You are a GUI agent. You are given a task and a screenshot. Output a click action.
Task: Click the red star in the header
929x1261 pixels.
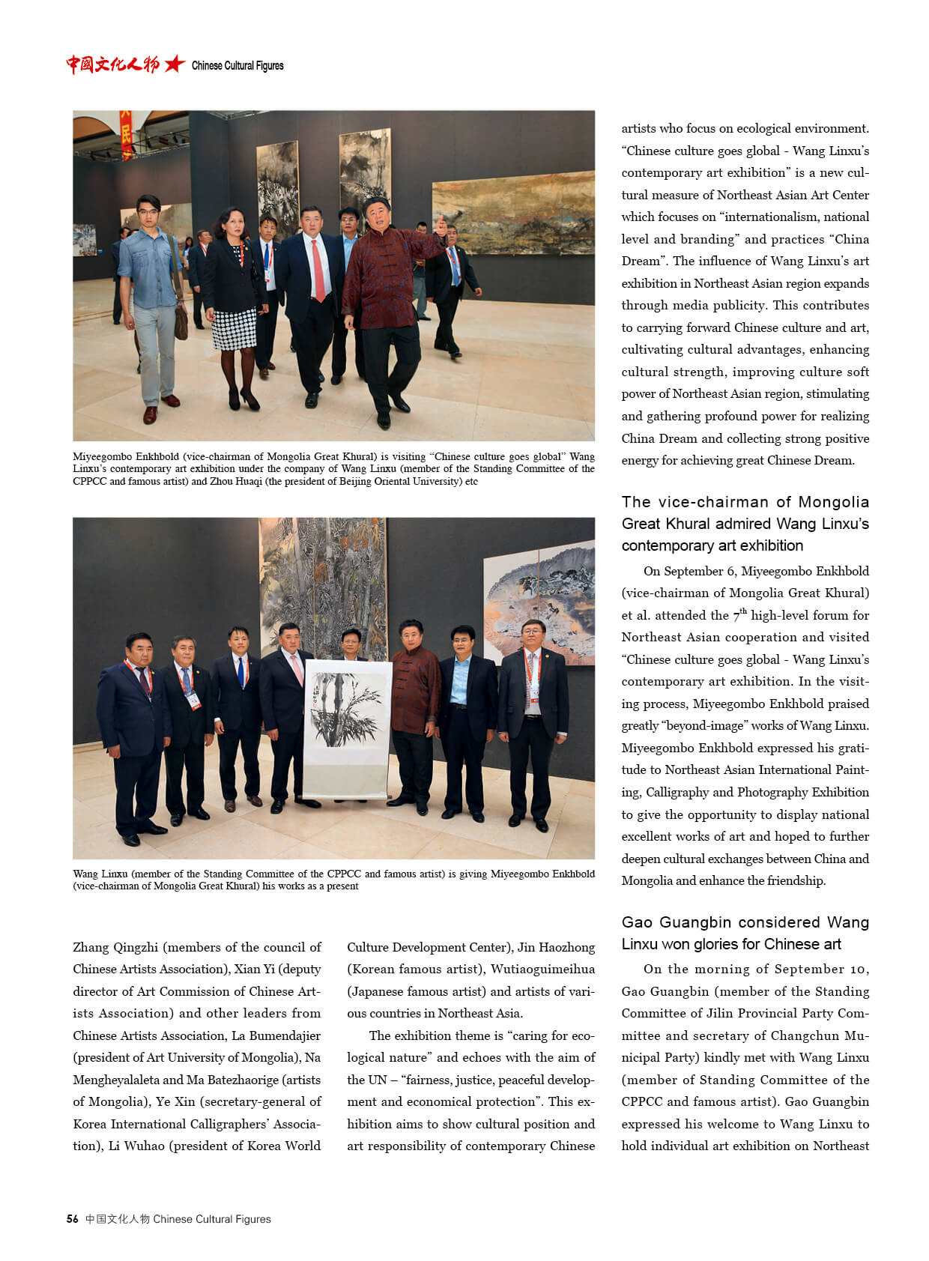(174, 64)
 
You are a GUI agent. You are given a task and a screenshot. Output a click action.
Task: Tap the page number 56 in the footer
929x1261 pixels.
(72, 1219)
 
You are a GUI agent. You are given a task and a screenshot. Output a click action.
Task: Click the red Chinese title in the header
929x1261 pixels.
(112, 64)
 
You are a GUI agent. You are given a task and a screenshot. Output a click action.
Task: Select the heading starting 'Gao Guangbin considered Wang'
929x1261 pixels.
(745, 933)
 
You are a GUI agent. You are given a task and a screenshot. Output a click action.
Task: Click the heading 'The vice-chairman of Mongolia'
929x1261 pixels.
(745, 502)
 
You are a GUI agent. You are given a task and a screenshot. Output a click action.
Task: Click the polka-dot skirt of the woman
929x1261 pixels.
(234, 328)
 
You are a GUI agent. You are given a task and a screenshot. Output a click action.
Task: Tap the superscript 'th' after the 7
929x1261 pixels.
(743, 611)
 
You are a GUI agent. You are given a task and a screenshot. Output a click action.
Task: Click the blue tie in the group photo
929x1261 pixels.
(240, 671)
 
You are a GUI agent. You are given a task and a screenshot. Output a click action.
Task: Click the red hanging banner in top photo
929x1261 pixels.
(126, 134)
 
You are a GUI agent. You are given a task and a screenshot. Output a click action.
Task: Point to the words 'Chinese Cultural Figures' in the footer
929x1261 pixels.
(212, 1219)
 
